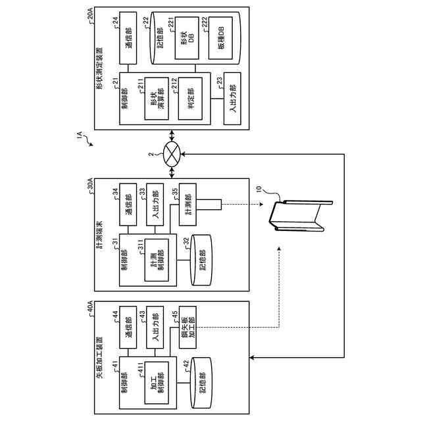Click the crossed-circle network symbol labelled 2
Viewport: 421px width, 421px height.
point(172,155)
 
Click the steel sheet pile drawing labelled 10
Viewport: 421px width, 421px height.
point(301,216)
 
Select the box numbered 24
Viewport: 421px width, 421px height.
point(128,38)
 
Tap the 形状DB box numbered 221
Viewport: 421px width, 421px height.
point(187,38)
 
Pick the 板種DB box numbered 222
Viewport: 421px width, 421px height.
point(220,38)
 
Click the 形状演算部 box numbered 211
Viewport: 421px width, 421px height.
point(157,99)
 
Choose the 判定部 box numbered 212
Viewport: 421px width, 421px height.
point(190,99)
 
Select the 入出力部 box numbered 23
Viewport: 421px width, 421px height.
point(232,99)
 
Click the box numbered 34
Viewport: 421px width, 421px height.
point(128,205)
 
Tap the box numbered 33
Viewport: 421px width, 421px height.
point(155,205)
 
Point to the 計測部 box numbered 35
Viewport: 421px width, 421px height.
point(187,205)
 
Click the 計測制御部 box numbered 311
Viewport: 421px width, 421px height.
point(157,260)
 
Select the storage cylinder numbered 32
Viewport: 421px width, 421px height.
point(201,260)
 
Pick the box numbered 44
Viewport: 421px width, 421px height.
point(128,328)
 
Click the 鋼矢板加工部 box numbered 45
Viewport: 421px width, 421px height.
point(187,328)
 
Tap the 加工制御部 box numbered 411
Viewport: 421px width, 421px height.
point(157,383)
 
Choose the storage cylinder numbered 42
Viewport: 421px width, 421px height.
point(201,383)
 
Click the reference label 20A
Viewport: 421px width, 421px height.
point(90,14)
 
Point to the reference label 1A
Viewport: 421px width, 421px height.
point(80,135)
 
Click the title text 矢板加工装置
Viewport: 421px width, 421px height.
point(99,358)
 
